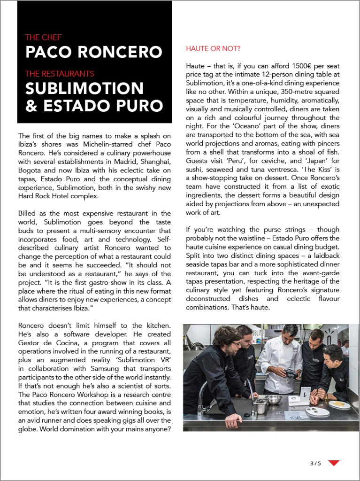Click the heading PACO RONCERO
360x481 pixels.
[x=93, y=52]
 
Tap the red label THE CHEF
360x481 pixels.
[x=43, y=38]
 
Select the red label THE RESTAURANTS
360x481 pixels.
[x=60, y=74]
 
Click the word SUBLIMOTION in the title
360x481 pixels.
[x=84, y=88]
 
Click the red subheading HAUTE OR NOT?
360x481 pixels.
[x=213, y=48]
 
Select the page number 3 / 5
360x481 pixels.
[x=315, y=464]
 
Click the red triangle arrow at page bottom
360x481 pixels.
[x=334, y=463]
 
